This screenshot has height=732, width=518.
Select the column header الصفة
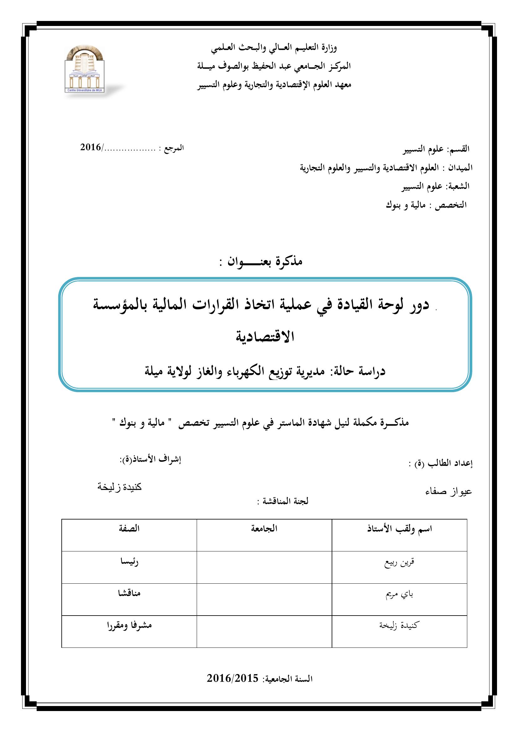click(129, 529)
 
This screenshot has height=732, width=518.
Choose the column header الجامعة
click(264, 529)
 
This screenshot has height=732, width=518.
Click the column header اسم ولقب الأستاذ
click(399, 529)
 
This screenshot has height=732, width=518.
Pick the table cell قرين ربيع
click(399, 562)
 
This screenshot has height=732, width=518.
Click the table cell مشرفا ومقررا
click(129, 626)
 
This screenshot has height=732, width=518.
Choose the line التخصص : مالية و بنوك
click(426, 205)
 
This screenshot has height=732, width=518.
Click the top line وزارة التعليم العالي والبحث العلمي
click(274, 48)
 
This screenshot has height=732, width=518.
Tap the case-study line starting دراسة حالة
click(265, 371)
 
